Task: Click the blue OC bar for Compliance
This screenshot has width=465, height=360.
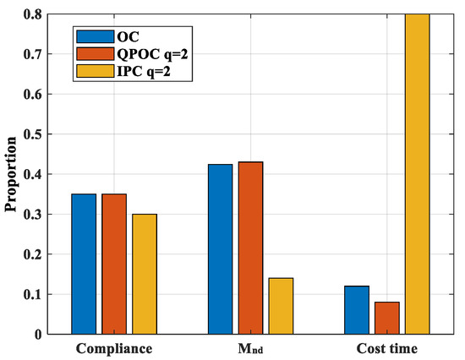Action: pyautogui.click(x=84, y=264)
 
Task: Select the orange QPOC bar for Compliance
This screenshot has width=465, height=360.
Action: pyautogui.click(x=114, y=264)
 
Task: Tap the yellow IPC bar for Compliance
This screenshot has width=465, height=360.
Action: pyautogui.click(x=145, y=274)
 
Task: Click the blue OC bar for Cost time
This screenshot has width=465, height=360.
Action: pyautogui.click(x=356, y=310)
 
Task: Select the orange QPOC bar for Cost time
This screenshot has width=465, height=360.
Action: pyautogui.click(x=386, y=318)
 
